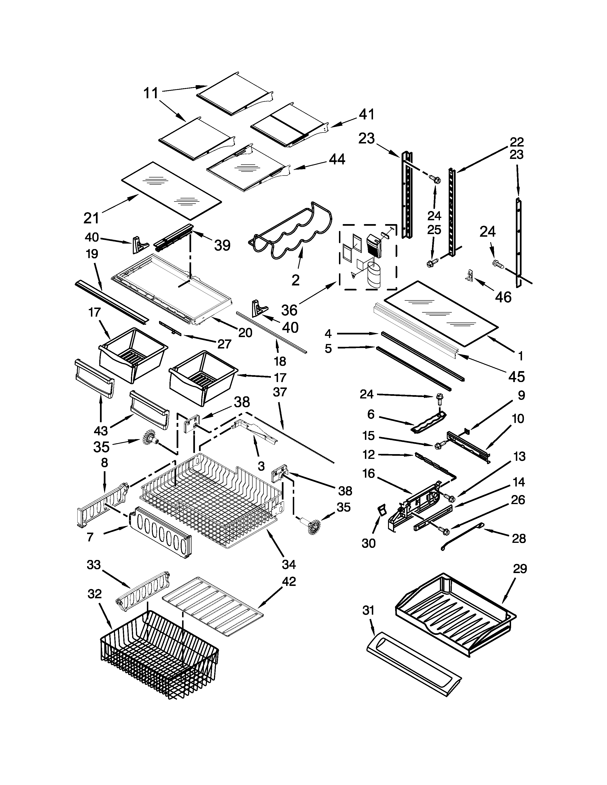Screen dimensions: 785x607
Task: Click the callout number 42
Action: pos(289,582)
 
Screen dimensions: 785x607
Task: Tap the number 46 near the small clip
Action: pos(503,297)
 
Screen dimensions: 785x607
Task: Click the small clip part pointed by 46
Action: pos(473,275)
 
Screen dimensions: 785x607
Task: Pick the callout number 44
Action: pos(337,159)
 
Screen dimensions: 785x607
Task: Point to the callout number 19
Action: pos(92,254)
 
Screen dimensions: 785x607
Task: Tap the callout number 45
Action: pos(516,376)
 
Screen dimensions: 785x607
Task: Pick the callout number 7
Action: pos(90,537)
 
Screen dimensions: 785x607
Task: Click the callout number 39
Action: pos(222,245)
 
